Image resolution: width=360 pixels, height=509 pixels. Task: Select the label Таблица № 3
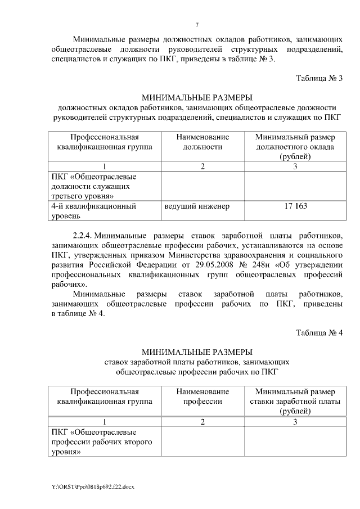[319, 78]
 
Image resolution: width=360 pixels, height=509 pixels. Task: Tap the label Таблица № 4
[319, 332]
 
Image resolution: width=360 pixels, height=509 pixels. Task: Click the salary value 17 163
[295, 206]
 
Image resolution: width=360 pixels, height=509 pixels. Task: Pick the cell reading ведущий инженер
[197, 206]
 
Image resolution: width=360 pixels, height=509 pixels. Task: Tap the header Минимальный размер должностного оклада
[295, 147]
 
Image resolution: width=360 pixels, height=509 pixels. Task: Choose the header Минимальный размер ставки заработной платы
[295, 401]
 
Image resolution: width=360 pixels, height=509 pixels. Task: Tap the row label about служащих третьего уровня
[93, 186]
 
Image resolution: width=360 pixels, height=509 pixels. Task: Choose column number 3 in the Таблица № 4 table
[295, 421]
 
